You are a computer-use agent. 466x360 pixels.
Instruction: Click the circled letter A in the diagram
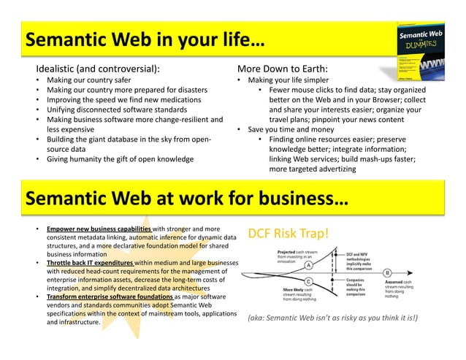pos(308,266)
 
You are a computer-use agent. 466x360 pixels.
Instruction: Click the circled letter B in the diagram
pos(387,272)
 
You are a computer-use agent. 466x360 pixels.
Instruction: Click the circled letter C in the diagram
pos(309,281)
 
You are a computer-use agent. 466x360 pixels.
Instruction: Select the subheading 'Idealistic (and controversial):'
pos(93,69)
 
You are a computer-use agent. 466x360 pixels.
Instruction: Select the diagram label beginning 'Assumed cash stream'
pos(402,288)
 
